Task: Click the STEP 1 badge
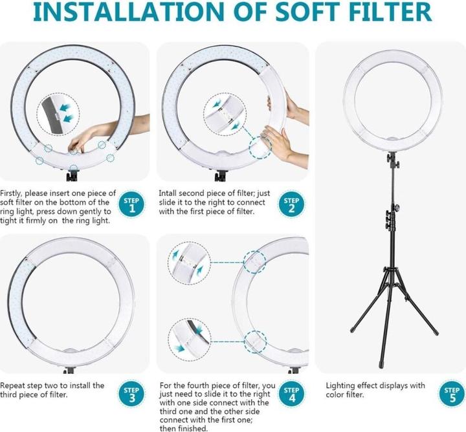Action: click(131, 205)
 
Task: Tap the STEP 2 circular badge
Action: click(291, 205)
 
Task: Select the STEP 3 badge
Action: click(131, 394)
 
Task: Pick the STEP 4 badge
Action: click(291, 394)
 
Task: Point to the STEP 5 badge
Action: click(452, 394)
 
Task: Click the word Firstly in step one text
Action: click(11, 193)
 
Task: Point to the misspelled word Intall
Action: click(168, 193)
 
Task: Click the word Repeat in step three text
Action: click(12, 385)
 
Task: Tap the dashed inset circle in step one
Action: click(58, 114)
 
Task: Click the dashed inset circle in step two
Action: click(225, 115)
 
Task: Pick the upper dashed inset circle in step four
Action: click(189, 263)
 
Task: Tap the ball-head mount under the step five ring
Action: click(393, 160)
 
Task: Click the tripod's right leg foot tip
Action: click(436, 334)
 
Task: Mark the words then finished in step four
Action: click(183, 428)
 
